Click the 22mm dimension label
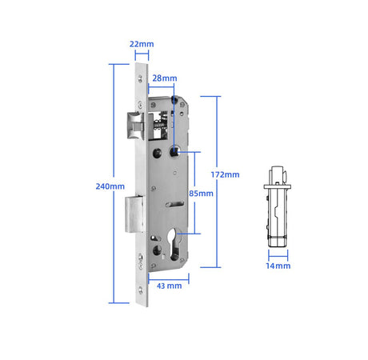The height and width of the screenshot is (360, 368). (142, 44)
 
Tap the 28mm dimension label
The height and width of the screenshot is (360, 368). (165, 78)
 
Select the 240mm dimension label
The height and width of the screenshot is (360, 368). (110, 186)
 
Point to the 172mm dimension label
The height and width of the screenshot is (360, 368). (225, 174)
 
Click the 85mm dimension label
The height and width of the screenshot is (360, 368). (201, 194)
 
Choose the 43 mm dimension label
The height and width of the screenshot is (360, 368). (170, 286)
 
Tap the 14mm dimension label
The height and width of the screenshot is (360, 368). (278, 266)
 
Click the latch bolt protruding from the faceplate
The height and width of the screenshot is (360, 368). (135, 126)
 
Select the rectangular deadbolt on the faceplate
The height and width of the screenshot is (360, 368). (135, 214)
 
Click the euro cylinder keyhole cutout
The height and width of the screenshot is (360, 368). (174, 244)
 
